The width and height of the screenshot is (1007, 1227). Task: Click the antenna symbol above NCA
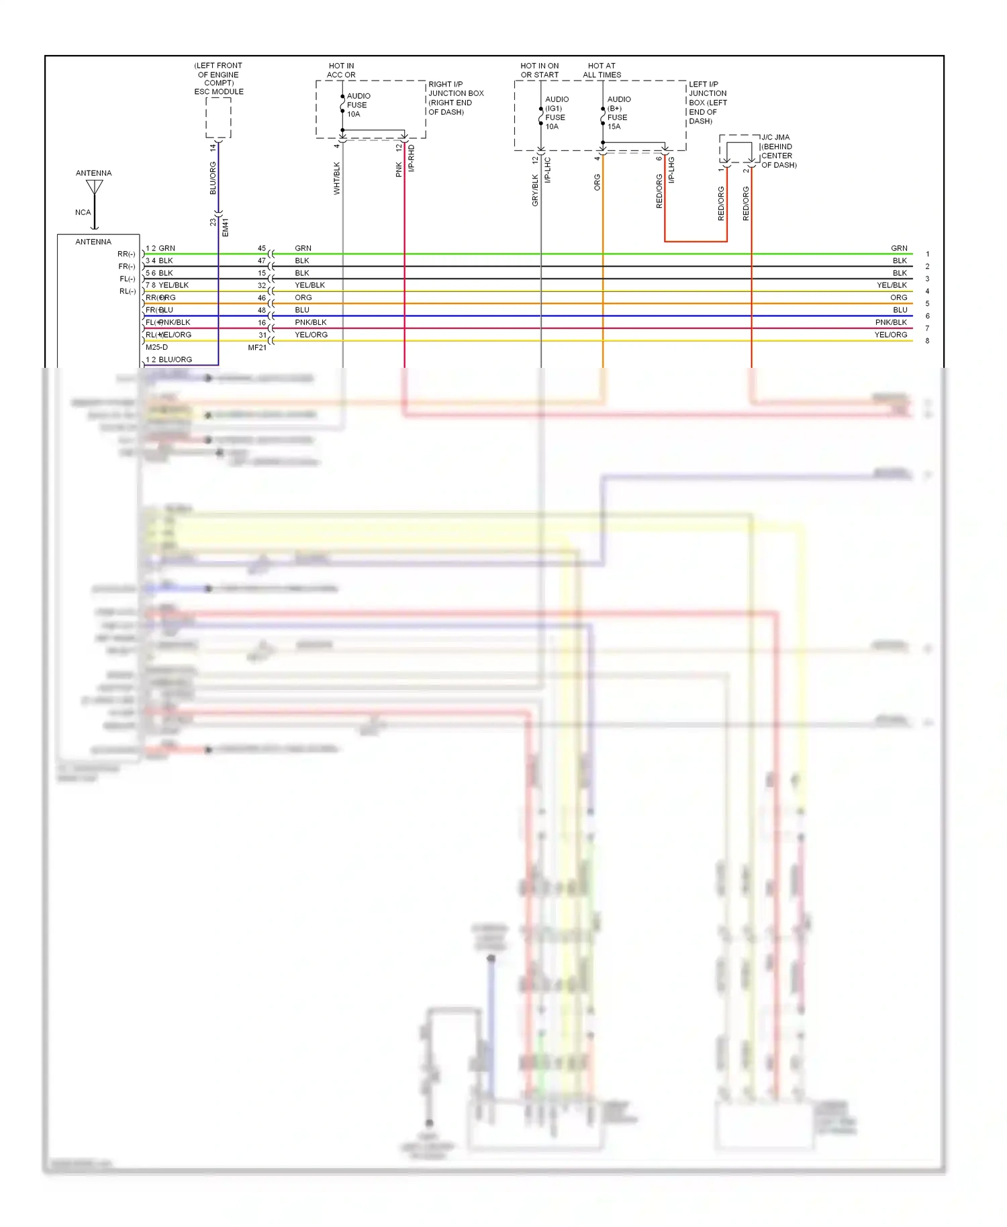coord(95,188)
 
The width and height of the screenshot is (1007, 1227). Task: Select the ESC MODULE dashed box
coord(218,118)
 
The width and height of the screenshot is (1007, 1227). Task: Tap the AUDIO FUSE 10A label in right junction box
coord(358,105)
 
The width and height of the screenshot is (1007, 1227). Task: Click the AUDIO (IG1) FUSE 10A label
coord(556,113)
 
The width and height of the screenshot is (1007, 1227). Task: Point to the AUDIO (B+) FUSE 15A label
coord(618,113)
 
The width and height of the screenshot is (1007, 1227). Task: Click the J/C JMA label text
coord(775,138)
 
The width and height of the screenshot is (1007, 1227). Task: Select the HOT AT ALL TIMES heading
coord(602,70)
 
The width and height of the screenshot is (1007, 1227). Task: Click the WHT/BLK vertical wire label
coord(337,179)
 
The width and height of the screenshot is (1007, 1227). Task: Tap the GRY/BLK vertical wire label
coord(535,190)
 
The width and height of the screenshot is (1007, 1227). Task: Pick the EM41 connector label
coord(226,227)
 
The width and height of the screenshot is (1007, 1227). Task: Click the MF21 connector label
coord(257,348)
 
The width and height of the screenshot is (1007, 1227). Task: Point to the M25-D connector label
coord(157,348)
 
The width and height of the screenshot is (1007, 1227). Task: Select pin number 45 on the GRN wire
coord(262,248)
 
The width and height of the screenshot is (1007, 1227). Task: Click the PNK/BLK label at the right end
coord(890,323)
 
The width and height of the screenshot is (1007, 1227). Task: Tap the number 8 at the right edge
coord(927,341)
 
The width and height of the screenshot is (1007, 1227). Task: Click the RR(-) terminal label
coord(126,254)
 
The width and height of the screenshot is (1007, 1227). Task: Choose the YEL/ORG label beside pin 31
coord(311,335)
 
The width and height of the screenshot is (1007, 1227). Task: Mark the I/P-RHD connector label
coord(412,158)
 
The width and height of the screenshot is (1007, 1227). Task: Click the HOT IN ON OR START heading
coord(539,70)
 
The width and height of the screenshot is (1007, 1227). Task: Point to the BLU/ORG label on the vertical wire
coord(213,179)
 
